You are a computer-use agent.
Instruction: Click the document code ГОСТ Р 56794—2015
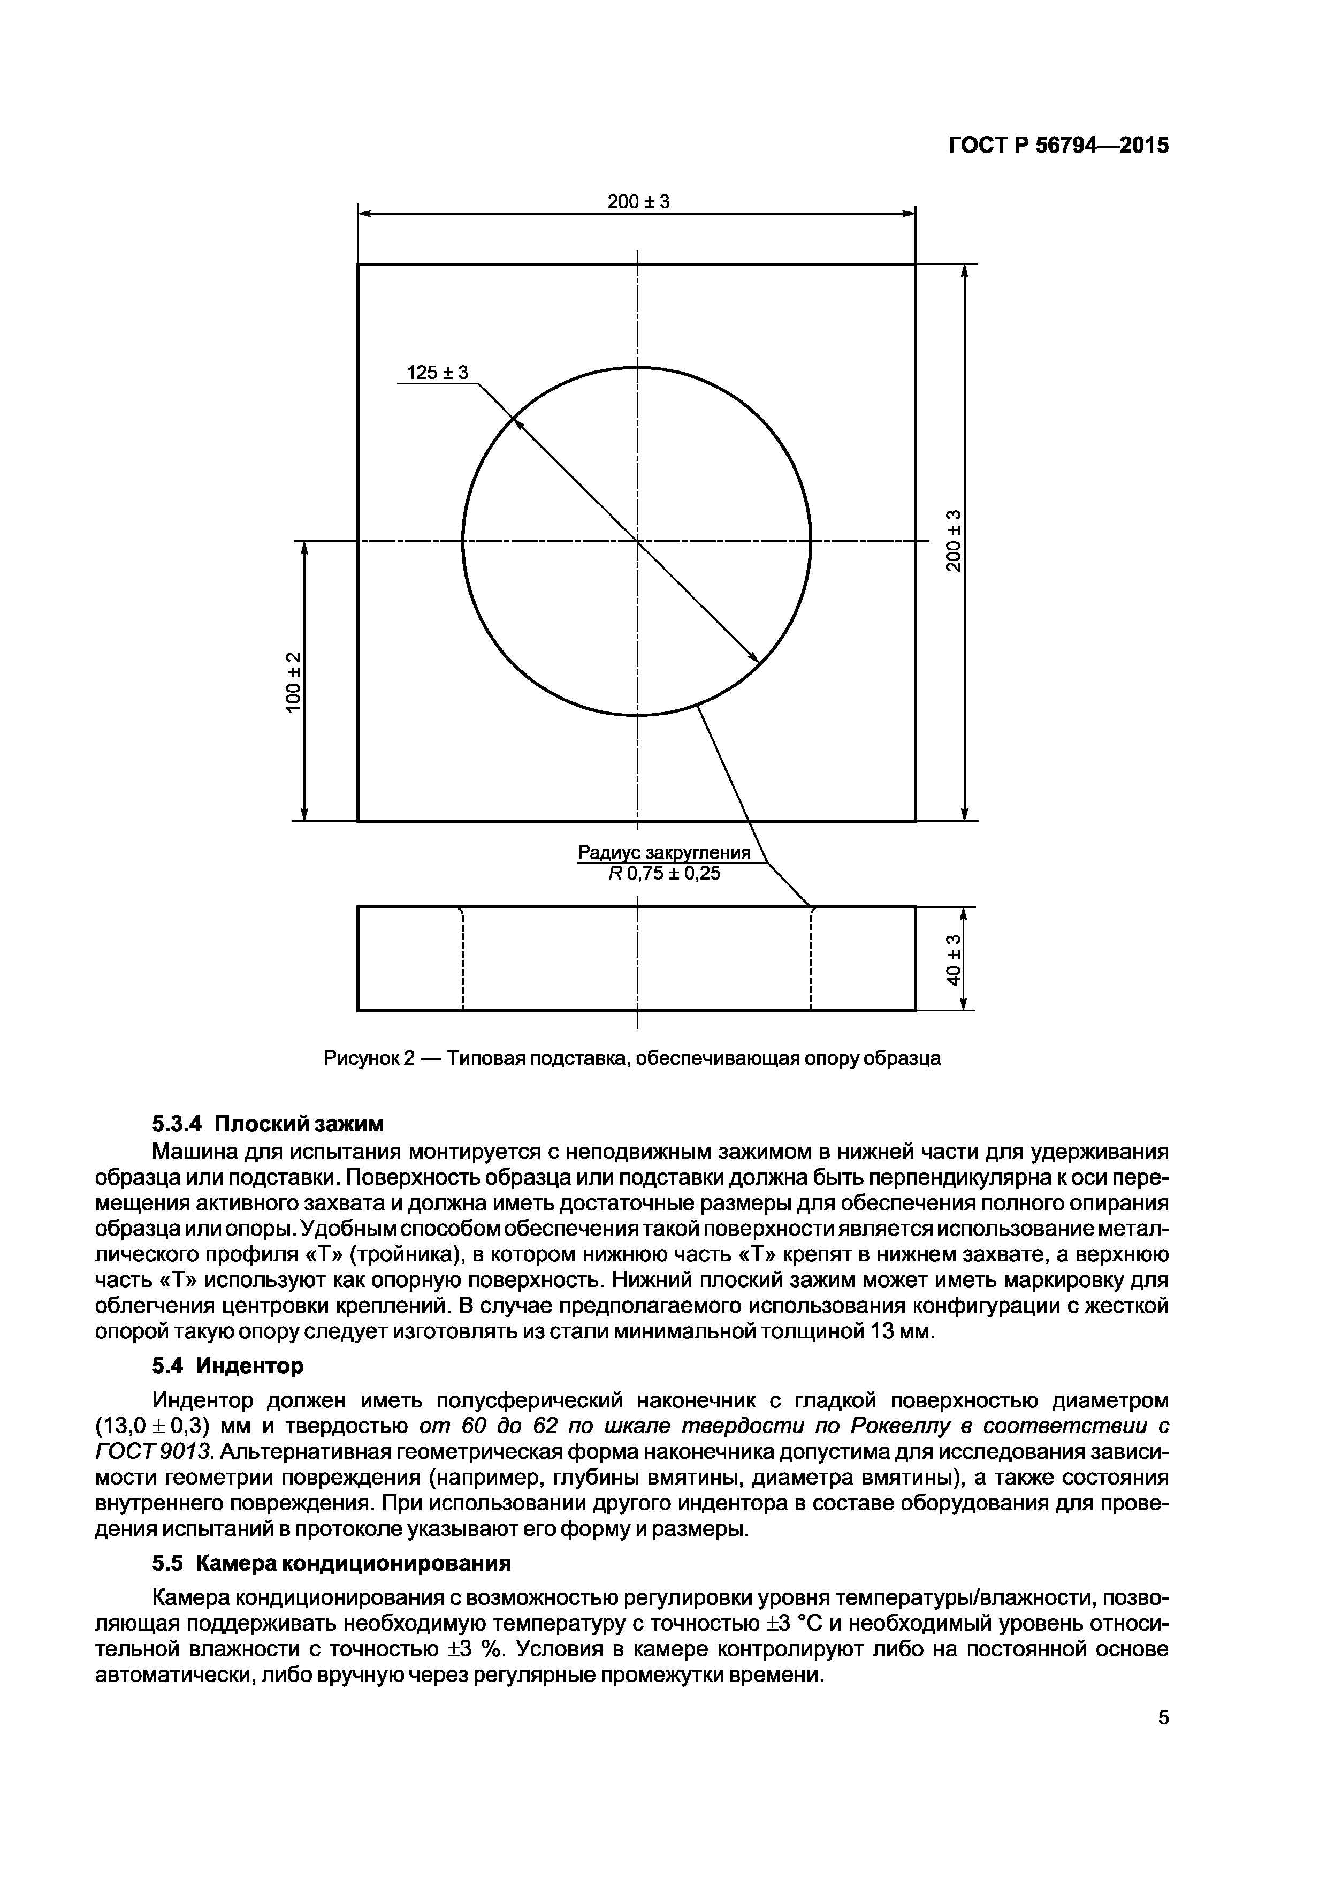[1058, 146]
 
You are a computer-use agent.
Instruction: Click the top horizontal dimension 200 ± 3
[638, 201]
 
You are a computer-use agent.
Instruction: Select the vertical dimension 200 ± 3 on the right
[952, 541]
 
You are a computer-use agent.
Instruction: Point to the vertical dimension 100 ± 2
[293, 681]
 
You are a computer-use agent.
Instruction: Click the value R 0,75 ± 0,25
[664, 874]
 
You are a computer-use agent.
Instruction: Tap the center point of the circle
[637, 541]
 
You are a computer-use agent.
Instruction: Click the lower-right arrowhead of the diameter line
[754, 657]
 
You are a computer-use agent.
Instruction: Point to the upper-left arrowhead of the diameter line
[517, 422]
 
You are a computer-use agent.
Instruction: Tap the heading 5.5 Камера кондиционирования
[331, 1563]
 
